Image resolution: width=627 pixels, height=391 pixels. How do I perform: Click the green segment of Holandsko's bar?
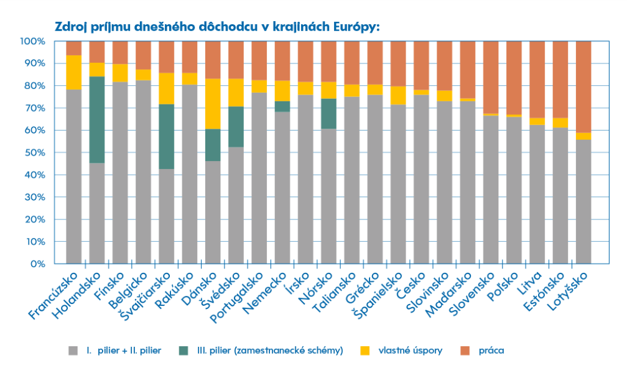click(x=97, y=119)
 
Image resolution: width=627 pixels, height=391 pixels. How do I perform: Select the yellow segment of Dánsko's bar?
click(x=213, y=104)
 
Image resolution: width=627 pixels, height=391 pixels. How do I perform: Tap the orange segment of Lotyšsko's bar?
click(x=583, y=86)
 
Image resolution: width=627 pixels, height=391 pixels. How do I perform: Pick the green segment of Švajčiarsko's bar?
click(x=167, y=136)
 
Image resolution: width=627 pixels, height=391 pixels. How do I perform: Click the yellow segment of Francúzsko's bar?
click(x=74, y=72)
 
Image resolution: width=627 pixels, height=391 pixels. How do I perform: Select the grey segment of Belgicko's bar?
click(x=144, y=172)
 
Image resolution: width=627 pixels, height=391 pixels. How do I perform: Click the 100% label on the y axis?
click(x=32, y=42)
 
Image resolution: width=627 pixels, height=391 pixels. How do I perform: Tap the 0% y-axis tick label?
click(x=37, y=264)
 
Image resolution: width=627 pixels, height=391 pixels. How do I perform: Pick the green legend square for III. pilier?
click(x=183, y=351)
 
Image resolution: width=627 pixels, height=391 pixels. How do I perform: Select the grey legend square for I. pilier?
click(x=72, y=351)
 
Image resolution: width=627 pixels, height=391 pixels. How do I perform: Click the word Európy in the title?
click(x=357, y=27)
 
